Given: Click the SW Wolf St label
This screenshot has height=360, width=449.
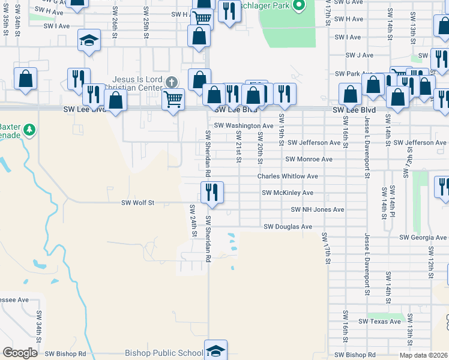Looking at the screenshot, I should coord(138,203).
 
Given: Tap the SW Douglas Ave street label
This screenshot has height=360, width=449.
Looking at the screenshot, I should coord(288,227).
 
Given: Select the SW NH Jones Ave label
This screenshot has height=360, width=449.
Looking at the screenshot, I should coord(318,209).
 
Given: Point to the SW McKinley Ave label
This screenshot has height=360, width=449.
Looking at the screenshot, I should coord(288,193).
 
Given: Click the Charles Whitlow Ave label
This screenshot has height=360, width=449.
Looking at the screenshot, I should coord(288,176).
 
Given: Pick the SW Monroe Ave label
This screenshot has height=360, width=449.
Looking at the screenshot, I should coord(309,160).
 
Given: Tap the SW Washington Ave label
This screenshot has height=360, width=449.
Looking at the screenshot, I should coord(244,125).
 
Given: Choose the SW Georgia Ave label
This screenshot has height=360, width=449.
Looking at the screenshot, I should coord(423,238).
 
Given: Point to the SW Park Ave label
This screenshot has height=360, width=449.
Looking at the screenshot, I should coord(360,74).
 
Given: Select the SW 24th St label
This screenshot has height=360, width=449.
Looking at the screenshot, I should coord(193,221).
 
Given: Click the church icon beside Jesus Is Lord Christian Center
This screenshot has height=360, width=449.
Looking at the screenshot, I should coord(172,82).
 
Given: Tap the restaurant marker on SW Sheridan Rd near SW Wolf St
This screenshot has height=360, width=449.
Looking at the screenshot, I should coord(212,192).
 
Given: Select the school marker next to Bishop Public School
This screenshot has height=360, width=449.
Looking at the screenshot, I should coord(215,350).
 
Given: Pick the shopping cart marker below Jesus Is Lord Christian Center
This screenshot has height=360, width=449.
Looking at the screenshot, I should coord(173,98).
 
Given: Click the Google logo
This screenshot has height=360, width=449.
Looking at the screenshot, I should coord(20,353).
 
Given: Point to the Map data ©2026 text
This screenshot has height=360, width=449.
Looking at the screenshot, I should coord(423,355).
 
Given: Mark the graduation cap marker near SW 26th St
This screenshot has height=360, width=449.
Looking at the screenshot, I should coord(89,40).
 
